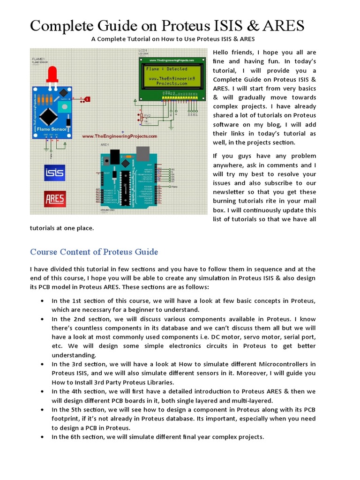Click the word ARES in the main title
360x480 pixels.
point(283,25)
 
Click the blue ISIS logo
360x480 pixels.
point(54,173)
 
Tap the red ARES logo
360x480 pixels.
point(54,199)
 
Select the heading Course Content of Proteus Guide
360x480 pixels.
point(94,252)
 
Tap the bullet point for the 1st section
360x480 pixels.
point(43,300)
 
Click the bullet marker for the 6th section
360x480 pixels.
point(43,437)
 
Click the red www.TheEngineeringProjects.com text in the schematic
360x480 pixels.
point(120,136)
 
